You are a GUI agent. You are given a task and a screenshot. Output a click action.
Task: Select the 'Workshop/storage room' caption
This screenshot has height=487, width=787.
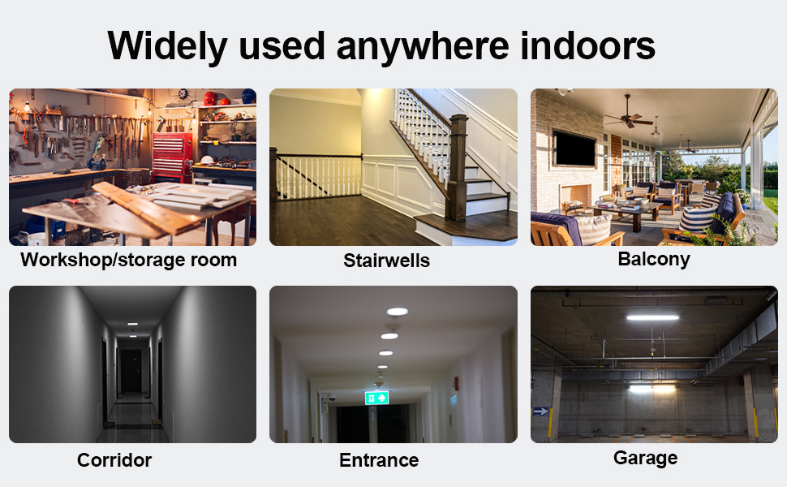point(129,260)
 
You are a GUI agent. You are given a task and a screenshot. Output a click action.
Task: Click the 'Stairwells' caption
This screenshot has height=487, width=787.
point(386,261)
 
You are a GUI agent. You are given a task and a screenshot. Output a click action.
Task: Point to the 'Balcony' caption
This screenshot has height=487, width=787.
point(653,259)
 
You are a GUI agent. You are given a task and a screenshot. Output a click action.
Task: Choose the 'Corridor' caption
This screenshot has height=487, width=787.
point(114,460)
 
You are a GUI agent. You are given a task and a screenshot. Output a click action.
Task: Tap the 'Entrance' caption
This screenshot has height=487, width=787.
point(379,460)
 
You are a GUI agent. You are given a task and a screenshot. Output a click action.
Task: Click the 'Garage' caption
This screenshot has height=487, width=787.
point(645,458)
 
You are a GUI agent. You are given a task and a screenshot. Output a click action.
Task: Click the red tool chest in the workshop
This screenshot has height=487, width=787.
point(172,155)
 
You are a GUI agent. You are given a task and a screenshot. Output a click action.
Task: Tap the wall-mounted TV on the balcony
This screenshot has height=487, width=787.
point(574,148)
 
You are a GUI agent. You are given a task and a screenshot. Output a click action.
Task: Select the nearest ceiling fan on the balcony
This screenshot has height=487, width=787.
point(629,121)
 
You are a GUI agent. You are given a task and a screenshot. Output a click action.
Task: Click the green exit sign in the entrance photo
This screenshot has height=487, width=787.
point(376,398)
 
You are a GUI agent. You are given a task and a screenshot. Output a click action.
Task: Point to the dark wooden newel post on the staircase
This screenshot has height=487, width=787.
point(457,166)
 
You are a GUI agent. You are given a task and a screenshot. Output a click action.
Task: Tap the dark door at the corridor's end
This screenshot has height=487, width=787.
point(130,371)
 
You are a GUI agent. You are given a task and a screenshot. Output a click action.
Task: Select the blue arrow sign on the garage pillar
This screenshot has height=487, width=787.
point(540,412)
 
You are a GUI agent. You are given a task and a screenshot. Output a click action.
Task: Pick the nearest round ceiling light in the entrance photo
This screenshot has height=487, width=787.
point(397,311)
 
